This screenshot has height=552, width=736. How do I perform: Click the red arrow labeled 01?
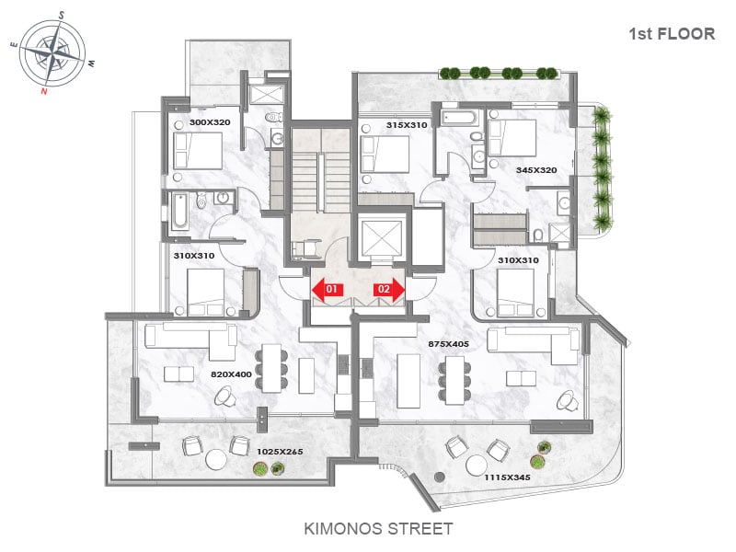(328, 290)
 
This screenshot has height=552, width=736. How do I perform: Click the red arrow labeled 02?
(388, 290)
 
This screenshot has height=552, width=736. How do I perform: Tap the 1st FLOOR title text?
(672, 34)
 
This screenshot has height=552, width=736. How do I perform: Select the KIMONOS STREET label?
(378, 528)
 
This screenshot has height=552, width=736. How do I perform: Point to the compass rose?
(53, 53)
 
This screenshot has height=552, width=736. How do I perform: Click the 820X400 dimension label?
(231, 374)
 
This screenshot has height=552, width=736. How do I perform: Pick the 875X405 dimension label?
(448, 343)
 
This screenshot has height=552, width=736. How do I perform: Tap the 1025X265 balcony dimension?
(280, 452)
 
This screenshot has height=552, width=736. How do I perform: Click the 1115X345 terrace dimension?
(508, 477)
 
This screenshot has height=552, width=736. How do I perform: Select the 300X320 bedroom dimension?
(210, 122)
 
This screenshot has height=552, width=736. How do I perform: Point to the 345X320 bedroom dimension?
(536, 170)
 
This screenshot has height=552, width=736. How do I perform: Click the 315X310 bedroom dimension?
(407, 125)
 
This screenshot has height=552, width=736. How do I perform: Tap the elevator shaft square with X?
(381, 237)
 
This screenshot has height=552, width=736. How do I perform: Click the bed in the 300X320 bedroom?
(198, 151)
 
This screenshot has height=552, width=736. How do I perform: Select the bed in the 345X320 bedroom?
(512, 137)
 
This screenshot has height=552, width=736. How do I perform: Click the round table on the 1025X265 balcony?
(215, 459)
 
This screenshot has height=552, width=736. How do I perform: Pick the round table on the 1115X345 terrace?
(477, 466)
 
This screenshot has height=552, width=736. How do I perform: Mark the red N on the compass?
(44, 90)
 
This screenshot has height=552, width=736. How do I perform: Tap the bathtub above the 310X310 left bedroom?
(178, 211)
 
